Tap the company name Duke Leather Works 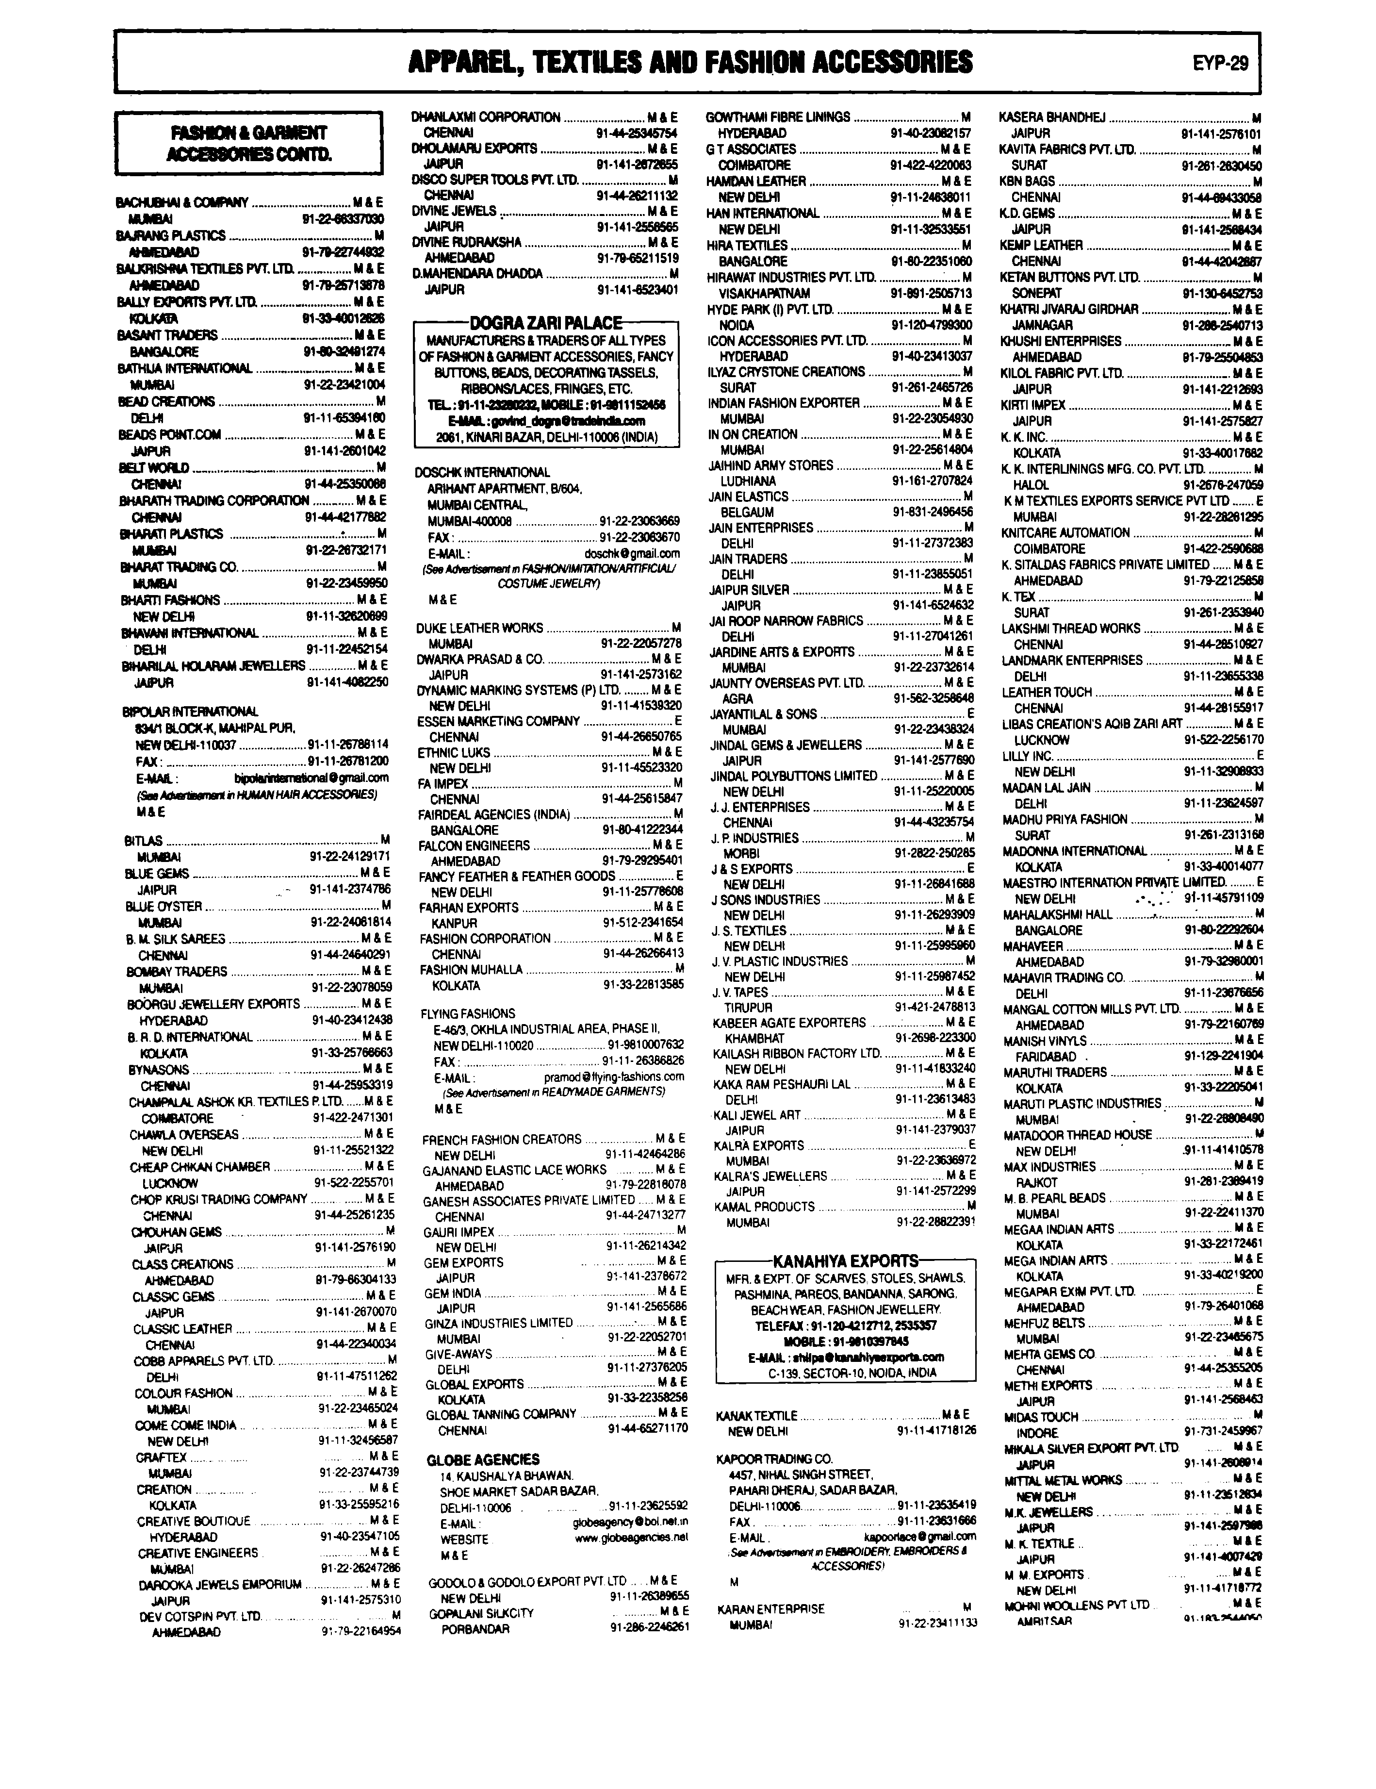479,628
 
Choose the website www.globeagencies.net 631,1539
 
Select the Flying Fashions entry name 468,1013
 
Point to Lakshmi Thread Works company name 1070,628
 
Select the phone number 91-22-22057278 640,644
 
